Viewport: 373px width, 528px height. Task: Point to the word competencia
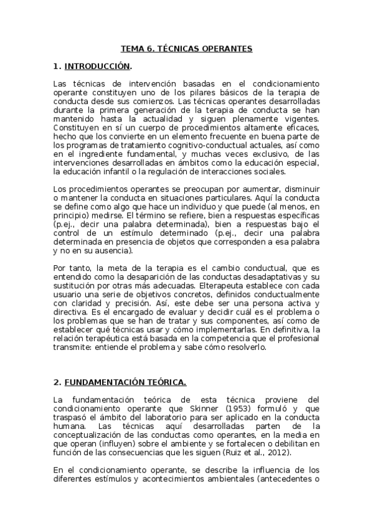pos(216,339)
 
